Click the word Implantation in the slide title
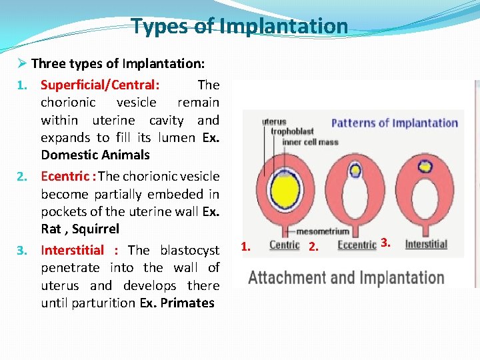(283, 27)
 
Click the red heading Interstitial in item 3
(72, 250)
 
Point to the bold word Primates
(187, 303)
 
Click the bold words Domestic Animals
(95, 155)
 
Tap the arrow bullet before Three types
(22, 64)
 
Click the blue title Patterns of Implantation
(394, 123)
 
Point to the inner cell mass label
(310, 141)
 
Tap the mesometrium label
(323, 231)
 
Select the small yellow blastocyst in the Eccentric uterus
(355, 171)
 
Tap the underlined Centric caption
(285, 245)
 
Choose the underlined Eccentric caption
(357, 245)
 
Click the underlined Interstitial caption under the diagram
(425, 244)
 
